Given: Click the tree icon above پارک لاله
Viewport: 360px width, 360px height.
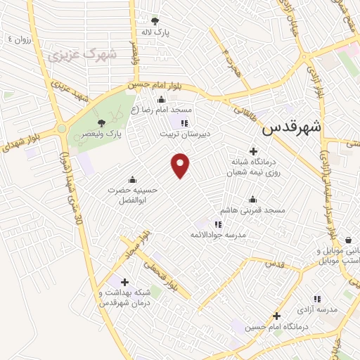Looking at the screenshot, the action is pos(155,22).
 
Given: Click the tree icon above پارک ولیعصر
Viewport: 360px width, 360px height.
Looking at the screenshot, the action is pos(104,123).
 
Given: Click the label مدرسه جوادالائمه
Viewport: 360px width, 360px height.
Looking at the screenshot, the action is pos(217,234).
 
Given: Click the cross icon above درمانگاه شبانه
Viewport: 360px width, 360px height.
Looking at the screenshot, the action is pos(254,151).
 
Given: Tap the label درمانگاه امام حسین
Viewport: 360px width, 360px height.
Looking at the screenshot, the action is pos(276,327).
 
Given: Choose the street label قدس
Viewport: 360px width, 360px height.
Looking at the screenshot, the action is pos(273,264).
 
